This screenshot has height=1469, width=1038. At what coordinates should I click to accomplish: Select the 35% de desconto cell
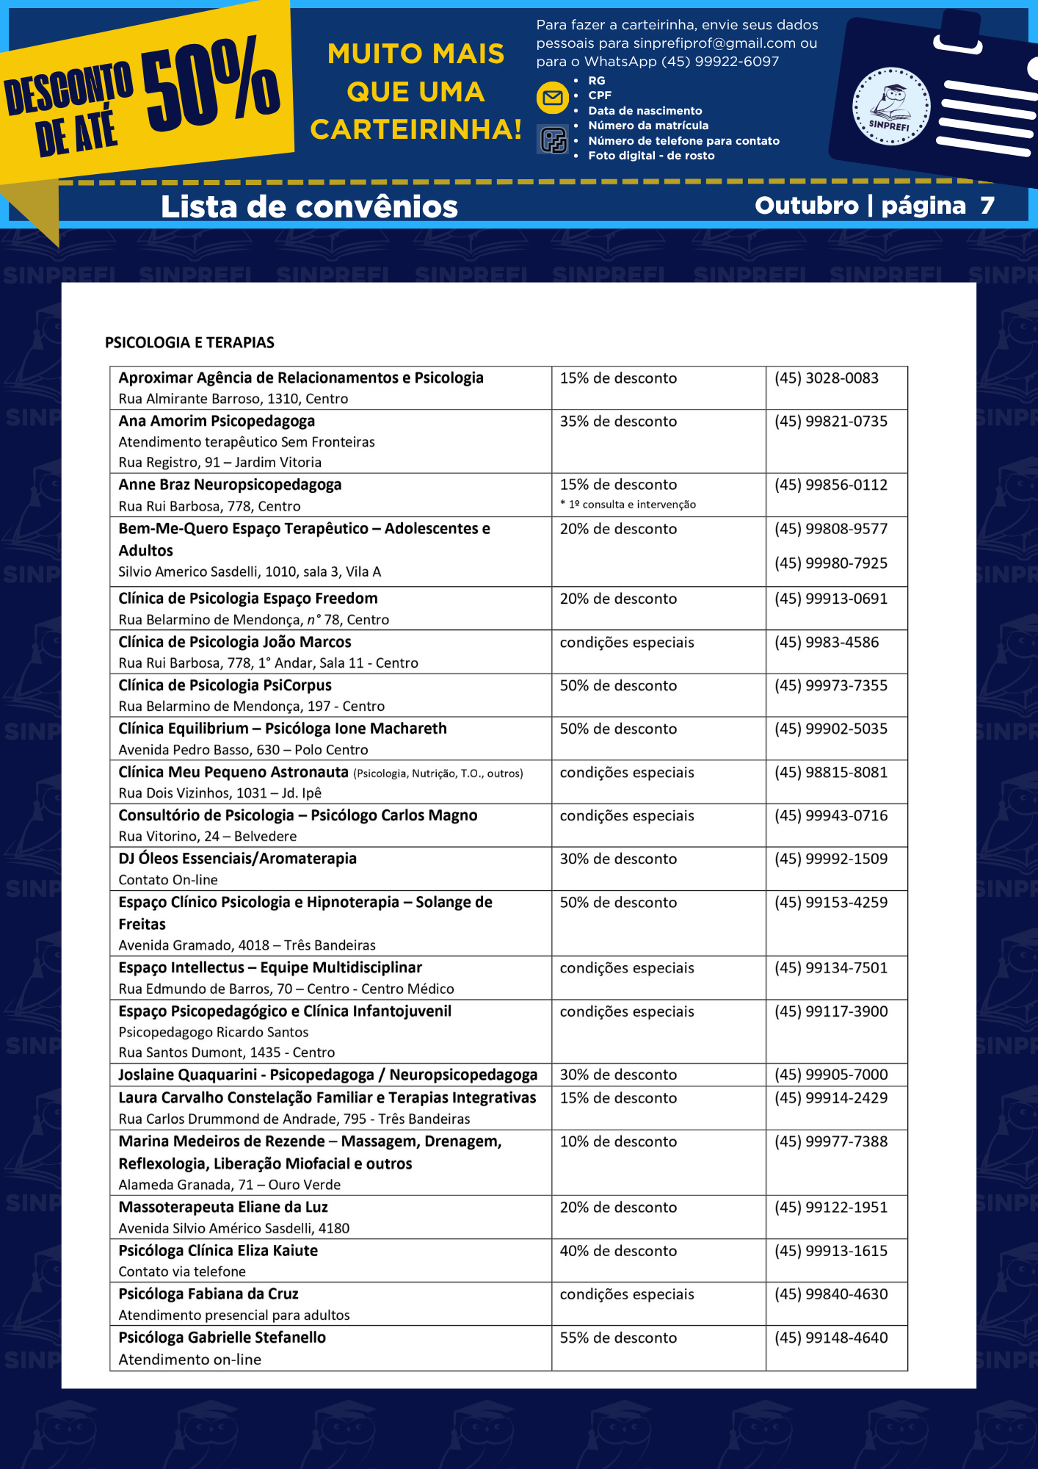point(618,422)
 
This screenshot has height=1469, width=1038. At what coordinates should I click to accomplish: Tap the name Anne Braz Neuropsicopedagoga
point(230,485)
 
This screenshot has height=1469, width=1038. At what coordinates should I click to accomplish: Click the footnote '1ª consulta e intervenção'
point(631,505)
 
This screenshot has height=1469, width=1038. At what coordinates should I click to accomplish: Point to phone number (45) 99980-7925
point(830,563)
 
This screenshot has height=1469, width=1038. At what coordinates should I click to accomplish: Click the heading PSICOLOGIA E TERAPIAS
point(189,342)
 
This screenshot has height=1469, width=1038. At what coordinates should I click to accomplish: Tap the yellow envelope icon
point(553,98)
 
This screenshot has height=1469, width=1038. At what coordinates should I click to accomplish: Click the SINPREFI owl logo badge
point(890,107)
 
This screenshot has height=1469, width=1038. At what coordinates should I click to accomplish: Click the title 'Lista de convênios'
point(309,207)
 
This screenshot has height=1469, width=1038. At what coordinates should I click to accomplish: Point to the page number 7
point(987,206)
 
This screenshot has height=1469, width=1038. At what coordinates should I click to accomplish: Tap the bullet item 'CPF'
point(600,95)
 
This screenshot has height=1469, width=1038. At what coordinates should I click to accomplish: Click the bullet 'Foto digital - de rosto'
point(651,156)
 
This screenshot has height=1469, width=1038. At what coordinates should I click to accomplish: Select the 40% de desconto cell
point(618,1251)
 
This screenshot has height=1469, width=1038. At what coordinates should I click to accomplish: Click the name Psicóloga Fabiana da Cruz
point(208,1294)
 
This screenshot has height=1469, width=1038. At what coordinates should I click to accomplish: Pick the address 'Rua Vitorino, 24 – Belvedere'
point(208,837)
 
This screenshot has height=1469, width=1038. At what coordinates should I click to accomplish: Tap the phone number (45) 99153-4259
point(830,903)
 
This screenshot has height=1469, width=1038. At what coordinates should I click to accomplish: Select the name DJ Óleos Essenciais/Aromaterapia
point(237,859)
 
